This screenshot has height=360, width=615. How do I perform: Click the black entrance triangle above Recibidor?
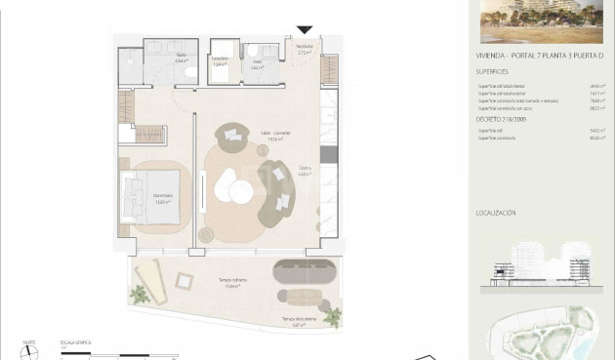coord(306,30)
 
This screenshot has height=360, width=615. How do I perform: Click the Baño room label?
coord(182,58)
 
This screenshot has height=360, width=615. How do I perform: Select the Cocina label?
coord(304,173)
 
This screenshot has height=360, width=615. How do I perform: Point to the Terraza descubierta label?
coord(298,321)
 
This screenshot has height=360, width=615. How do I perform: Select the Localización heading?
coord(496,212)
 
